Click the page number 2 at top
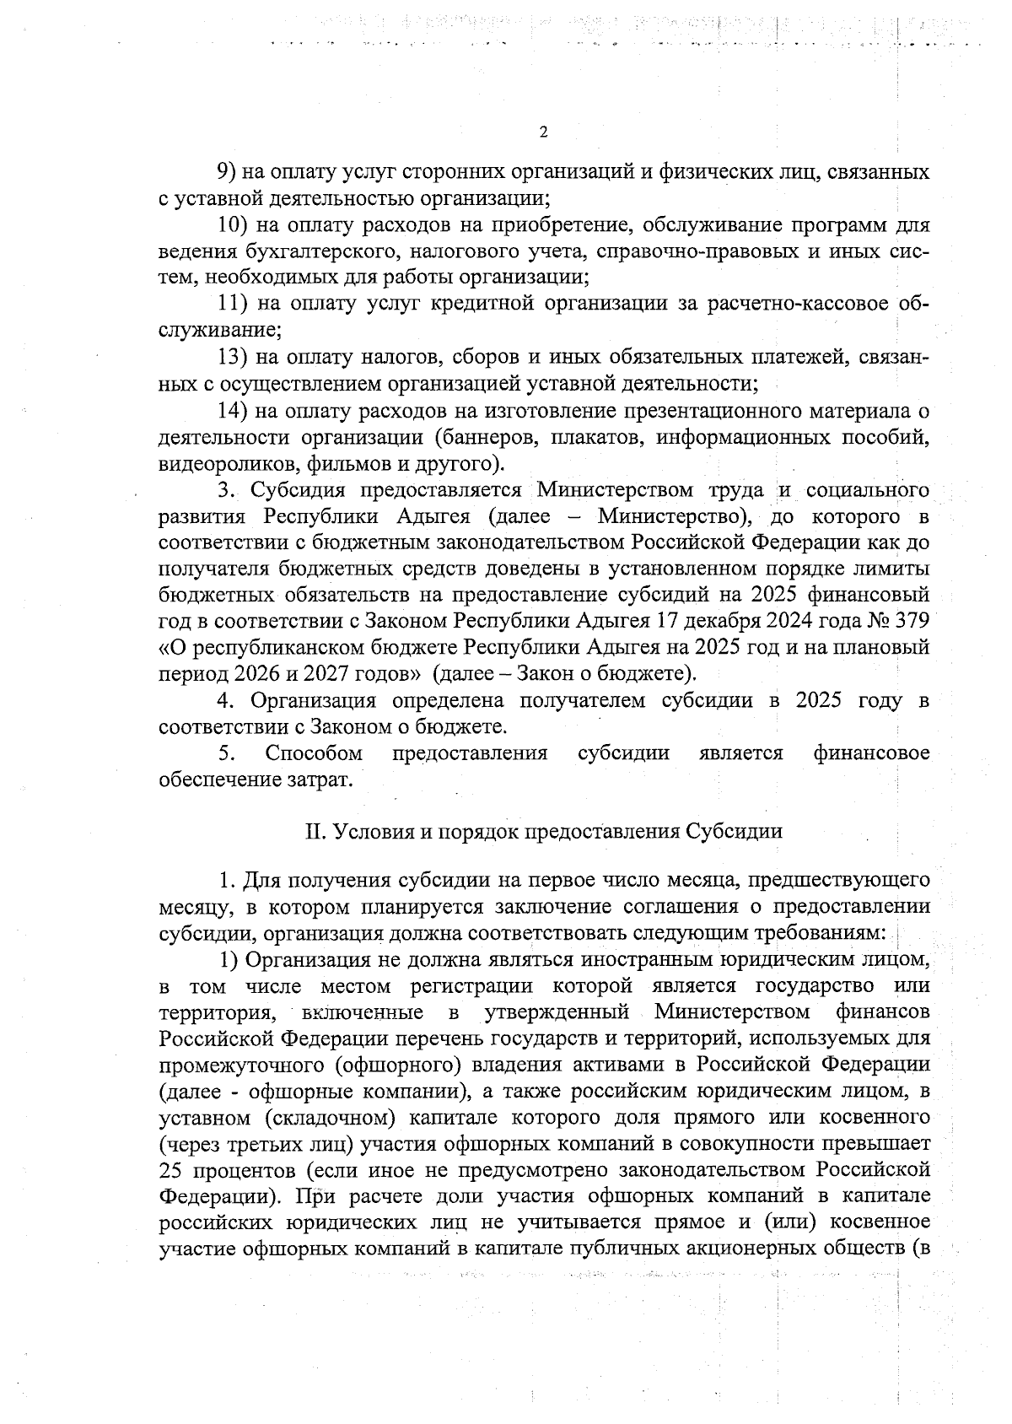tap(543, 132)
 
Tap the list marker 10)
tap(232, 225)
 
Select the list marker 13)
tap(232, 357)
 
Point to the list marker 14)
tap(232, 410)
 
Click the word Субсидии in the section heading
tap(735, 831)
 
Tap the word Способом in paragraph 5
tap(314, 752)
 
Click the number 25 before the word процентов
tap(171, 1171)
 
